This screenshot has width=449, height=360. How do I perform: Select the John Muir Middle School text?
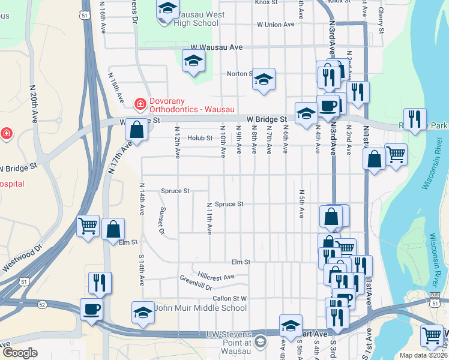click(x=200, y=308)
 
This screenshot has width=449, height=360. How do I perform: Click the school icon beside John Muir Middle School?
click(x=143, y=313)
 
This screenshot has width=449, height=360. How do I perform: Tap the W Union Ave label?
click(x=276, y=25)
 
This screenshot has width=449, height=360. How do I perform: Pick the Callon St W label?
click(x=229, y=298)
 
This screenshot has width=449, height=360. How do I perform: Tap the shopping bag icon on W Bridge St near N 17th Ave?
click(x=137, y=130)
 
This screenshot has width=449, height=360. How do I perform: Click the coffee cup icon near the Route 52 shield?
click(x=91, y=310)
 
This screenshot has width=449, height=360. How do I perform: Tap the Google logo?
click(x=20, y=353)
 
